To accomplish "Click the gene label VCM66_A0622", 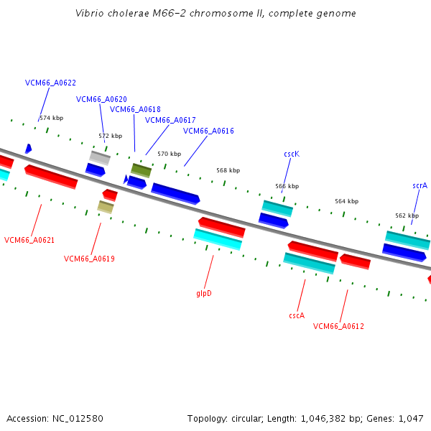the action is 50,83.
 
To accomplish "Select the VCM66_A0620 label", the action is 101,99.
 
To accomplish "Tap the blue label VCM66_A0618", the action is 135,109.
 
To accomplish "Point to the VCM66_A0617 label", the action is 170,120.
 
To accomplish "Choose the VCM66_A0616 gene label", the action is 208,131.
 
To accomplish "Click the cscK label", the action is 292,154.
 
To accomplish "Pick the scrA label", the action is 420,186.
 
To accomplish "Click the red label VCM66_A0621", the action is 29,240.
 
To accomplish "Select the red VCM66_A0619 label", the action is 89,259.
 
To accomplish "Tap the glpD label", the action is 204,294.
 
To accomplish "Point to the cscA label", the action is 297,315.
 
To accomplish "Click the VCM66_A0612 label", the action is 338,326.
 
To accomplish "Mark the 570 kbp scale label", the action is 170,154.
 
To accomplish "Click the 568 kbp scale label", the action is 228,170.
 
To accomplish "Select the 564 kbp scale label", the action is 347,201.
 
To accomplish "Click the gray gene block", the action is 100,158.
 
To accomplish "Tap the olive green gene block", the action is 141,170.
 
